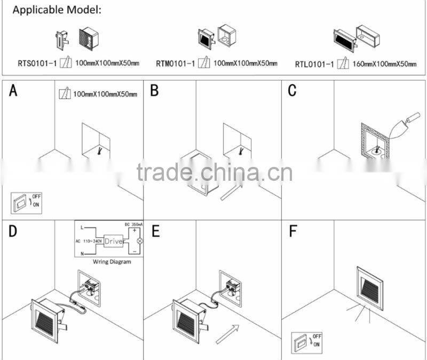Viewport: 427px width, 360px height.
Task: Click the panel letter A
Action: click(x=13, y=91)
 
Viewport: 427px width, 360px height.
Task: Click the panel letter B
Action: click(x=154, y=91)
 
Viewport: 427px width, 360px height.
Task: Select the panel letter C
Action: click(x=292, y=91)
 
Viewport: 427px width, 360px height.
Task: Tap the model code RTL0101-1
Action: click(x=315, y=64)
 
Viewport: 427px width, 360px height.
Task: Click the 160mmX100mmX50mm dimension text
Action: click(x=385, y=64)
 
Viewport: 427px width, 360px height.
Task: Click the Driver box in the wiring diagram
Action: click(x=114, y=241)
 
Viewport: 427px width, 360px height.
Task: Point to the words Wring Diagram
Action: click(x=112, y=262)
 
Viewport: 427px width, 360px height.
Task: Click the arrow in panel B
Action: click(x=229, y=190)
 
